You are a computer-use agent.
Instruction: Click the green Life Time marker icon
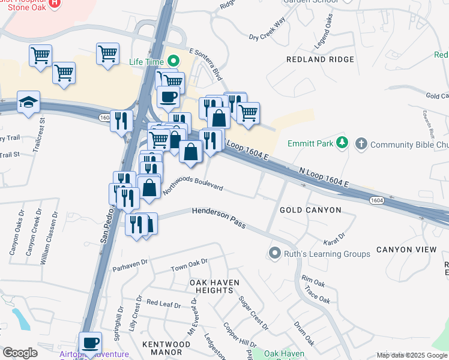[x=173, y=61]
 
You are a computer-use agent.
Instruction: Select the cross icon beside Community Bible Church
[x=361, y=144]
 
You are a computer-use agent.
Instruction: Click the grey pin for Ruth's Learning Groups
[x=275, y=254]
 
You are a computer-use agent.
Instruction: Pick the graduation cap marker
[x=28, y=103]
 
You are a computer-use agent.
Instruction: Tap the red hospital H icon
[x=55, y=3]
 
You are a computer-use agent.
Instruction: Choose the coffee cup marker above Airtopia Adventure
[x=90, y=343]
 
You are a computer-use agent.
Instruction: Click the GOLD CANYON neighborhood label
[x=310, y=210]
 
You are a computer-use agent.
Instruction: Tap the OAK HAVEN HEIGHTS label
[x=214, y=286]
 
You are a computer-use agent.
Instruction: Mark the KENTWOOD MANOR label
[x=166, y=348]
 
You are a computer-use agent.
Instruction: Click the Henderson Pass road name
[x=218, y=217]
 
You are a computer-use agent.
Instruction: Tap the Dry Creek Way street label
[x=267, y=29]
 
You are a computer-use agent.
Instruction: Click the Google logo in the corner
[x=20, y=353]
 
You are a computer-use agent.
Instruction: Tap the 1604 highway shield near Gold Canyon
[x=376, y=200]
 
